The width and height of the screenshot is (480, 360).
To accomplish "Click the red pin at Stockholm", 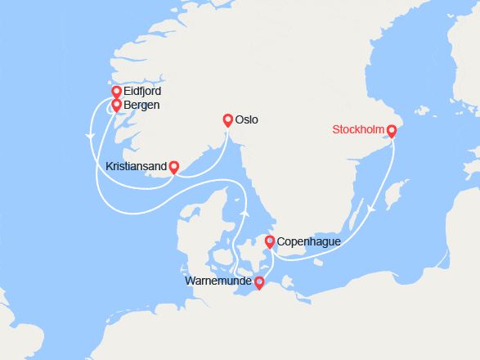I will [391, 130].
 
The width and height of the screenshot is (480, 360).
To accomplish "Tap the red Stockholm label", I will [359, 130].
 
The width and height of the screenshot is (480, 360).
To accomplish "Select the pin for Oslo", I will [227, 119].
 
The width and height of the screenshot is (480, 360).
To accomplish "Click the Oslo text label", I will [246, 120].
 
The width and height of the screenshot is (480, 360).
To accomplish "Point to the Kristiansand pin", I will [173, 167].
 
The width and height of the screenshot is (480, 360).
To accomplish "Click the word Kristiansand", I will [137, 167].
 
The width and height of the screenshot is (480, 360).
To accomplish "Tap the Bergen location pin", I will [116, 105].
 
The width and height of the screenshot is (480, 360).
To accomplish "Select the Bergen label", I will [141, 106].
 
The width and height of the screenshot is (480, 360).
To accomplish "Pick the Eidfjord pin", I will [116, 92].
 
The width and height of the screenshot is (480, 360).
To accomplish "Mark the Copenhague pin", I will [270, 241].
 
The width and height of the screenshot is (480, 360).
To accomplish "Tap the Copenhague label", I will [309, 242].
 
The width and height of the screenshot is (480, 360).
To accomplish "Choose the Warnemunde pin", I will [259, 283].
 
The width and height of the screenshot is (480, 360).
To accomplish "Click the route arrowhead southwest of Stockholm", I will [371, 209].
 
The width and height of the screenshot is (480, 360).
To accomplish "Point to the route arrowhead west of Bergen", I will [89, 135].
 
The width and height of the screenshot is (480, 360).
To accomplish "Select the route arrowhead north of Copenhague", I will [244, 212].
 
